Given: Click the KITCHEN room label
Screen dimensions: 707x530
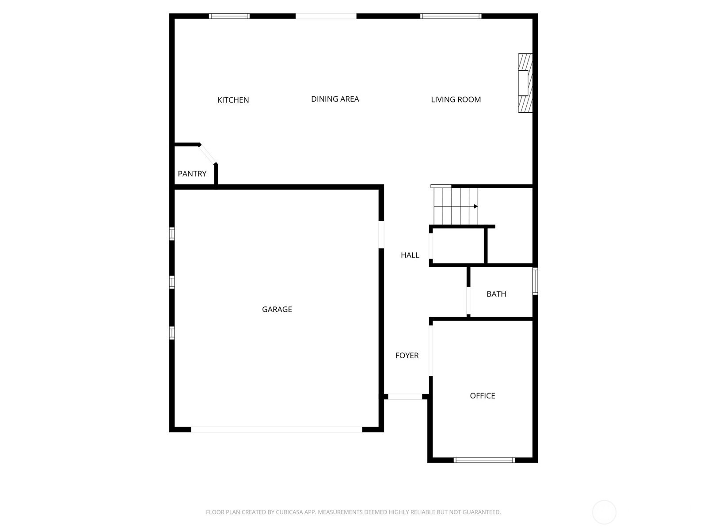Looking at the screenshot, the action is pos(233,100).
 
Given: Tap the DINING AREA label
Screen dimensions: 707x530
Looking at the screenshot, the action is pos(335,99).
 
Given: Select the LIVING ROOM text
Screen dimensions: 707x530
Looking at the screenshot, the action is pos(456,100).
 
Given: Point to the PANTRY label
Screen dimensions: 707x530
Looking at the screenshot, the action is pos(192,174).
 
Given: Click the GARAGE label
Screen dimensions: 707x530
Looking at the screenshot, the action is pos(277,309).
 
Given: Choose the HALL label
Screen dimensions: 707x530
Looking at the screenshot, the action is pos(410,255).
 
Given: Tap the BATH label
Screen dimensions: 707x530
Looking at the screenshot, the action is pos(496,294).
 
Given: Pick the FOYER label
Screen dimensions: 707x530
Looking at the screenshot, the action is pos(407,355).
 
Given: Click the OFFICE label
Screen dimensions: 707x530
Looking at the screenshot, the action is pos(482,395).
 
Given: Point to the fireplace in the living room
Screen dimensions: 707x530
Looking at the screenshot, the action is pos(525,83).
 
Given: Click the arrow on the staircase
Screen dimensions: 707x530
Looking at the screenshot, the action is pos(476,206).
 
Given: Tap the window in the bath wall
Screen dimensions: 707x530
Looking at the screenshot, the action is pos(535,281).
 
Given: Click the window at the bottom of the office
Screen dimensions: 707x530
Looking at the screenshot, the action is pos(484,460).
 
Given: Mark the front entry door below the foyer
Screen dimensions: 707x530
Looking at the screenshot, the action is pos(405,397).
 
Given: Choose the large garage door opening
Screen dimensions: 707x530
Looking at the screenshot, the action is pos(276,430).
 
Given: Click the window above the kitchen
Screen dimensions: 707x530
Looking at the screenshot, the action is pos(229,16).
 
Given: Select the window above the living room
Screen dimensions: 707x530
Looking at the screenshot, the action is pos(451,16).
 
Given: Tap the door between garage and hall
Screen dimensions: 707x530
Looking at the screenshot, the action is pos(381,235).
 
